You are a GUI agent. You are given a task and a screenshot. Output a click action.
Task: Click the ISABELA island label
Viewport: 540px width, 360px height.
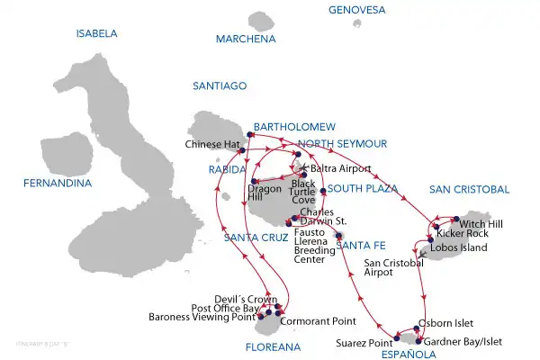(97, 33)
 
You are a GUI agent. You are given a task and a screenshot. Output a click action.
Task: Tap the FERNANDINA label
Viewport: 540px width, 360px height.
(59, 184)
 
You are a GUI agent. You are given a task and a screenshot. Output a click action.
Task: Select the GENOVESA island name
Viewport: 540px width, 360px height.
(356, 10)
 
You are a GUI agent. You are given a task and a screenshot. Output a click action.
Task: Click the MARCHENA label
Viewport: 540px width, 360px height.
(246, 40)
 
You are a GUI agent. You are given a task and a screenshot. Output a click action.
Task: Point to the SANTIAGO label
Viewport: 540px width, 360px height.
(220, 85)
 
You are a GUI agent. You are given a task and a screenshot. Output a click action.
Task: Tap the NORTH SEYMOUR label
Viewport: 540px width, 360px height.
(342, 143)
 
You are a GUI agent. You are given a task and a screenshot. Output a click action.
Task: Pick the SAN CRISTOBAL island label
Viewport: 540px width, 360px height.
(469, 189)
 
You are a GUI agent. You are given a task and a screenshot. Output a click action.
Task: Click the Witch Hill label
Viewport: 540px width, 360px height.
(483, 222)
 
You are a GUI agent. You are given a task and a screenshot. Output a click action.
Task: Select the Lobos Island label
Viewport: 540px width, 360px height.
(463, 247)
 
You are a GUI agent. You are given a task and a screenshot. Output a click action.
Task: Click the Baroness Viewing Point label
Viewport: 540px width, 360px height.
(201, 317)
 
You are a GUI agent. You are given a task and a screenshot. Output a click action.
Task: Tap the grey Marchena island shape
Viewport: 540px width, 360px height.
(262, 21)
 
